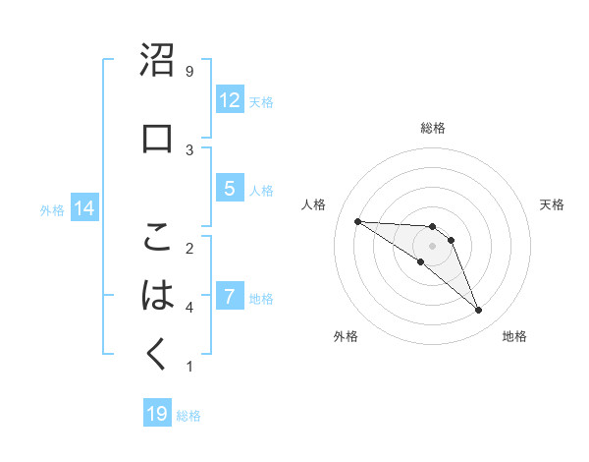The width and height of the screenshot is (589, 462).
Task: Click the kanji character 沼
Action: [158, 62]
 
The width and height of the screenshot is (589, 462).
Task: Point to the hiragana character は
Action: [158, 296]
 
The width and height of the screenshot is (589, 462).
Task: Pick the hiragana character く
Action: [158, 354]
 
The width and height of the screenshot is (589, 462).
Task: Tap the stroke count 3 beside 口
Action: [189, 149]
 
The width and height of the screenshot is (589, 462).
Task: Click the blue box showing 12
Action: [230, 100]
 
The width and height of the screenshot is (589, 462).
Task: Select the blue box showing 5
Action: [230, 189]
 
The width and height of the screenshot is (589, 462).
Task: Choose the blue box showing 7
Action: [230, 297]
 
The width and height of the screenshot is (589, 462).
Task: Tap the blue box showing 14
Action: [84, 208]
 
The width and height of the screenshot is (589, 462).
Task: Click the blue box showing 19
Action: [157, 414]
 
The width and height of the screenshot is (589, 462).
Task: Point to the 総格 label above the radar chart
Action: [433, 128]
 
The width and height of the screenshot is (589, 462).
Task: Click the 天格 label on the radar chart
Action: [552, 204]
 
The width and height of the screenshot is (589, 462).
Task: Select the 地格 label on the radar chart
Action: [514, 336]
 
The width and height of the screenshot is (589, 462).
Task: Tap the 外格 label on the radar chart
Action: [346, 336]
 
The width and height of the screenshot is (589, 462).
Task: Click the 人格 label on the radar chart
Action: [314, 204]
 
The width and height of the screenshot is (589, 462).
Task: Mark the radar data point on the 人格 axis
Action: [357, 221]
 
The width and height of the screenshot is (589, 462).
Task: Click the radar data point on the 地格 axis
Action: [478, 311]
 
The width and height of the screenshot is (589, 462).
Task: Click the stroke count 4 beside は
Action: [189, 308]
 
